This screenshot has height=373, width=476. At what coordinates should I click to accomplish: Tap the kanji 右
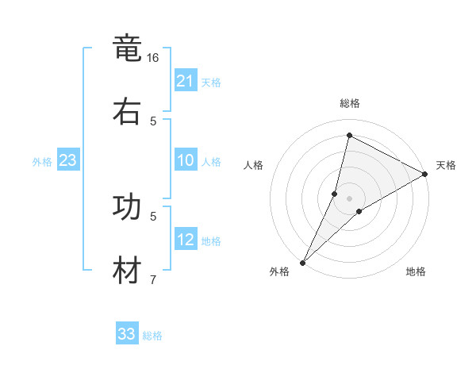click(127, 110)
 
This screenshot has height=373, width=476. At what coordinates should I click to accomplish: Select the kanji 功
click(127, 207)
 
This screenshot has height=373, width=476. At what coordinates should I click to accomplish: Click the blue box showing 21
click(186, 81)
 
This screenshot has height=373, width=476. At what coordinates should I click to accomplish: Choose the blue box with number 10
click(186, 160)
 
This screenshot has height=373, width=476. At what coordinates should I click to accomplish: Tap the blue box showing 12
click(186, 240)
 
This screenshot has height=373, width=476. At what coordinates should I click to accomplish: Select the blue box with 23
click(67, 160)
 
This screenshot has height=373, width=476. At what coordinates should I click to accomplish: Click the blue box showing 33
click(127, 334)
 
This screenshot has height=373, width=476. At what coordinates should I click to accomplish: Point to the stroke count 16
click(153, 58)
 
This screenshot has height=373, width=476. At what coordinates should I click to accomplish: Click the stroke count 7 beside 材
click(153, 279)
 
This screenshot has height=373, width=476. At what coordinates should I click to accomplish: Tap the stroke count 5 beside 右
click(153, 121)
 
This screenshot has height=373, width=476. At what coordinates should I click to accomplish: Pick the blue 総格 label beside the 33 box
click(152, 336)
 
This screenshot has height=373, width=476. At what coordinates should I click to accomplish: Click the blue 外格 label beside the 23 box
click(42, 162)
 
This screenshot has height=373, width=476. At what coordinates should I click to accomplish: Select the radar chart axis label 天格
click(446, 165)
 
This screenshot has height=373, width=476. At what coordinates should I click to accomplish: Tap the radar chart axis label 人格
click(253, 165)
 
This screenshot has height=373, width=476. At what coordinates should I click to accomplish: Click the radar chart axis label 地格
click(416, 272)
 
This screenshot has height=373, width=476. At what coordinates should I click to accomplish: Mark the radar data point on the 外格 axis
click(302, 262)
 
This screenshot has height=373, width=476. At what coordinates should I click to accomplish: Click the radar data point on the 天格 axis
click(425, 174)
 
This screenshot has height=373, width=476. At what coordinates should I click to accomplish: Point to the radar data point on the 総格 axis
click(349, 135)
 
